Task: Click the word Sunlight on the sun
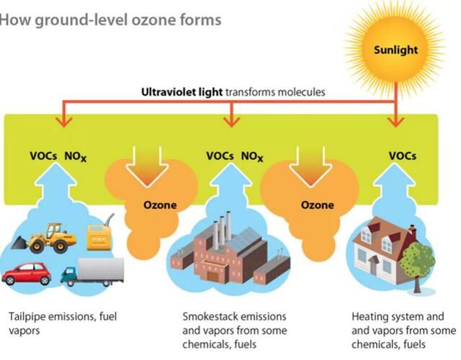395,50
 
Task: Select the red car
26,274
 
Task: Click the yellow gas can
98,237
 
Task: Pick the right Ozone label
317,205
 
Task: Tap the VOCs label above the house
402,155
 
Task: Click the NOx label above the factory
252,156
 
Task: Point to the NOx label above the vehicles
77,156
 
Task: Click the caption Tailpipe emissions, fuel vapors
62,323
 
